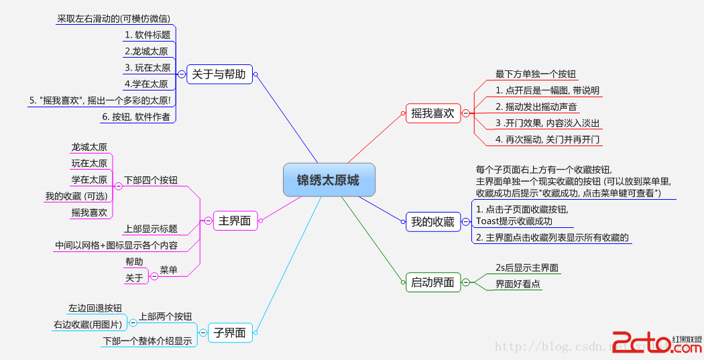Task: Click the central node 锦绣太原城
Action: click(x=328, y=180)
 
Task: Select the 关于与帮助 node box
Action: click(x=219, y=74)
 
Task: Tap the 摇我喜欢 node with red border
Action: click(x=432, y=113)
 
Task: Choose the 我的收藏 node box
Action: click(x=432, y=221)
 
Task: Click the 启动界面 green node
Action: click(x=432, y=283)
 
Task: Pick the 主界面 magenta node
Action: click(x=234, y=221)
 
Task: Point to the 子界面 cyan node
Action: click(x=229, y=333)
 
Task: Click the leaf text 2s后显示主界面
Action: click(x=527, y=267)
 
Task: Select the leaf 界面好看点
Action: click(x=518, y=284)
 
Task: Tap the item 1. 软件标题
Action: click(x=148, y=35)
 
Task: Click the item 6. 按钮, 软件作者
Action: click(x=136, y=116)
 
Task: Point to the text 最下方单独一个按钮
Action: click(x=536, y=74)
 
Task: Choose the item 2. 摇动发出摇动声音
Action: click(x=536, y=107)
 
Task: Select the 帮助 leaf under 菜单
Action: click(x=134, y=261)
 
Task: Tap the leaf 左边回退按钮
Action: click(x=95, y=308)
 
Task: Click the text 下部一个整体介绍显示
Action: click(x=147, y=341)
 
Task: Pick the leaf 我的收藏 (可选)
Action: click(x=76, y=196)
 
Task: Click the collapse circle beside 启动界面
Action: click(x=466, y=283)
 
